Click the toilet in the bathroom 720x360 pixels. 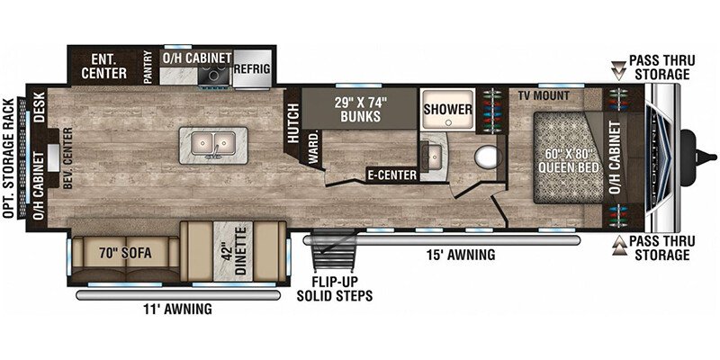(x=487, y=157)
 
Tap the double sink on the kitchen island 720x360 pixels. (x=213, y=144)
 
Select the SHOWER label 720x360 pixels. (x=447, y=109)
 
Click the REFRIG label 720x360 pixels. (x=252, y=69)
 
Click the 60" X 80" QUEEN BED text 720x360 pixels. (x=569, y=161)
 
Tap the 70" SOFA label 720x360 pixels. (x=125, y=253)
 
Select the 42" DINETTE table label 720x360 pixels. (x=234, y=254)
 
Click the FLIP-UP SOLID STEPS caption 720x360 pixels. (x=334, y=289)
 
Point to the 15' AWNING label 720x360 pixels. (x=461, y=255)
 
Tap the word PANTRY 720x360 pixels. (x=148, y=67)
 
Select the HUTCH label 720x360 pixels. (x=294, y=121)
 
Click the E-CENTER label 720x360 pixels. (x=391, y=175)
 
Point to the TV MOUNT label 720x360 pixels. (x=544, y=95)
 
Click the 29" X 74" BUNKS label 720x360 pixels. (x=360, y=109)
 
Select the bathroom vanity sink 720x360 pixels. (x=432, y=155)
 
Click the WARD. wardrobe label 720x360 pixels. (x=313, y=148)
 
